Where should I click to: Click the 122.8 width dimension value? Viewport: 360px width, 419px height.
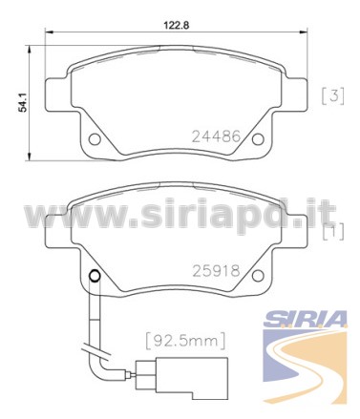[177, 25]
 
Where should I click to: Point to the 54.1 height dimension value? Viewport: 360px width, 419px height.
[22, 102]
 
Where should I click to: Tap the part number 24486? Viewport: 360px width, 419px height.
[216, 136]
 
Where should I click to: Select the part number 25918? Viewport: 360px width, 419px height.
[216, 271]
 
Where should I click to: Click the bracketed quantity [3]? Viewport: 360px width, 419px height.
[332, 95]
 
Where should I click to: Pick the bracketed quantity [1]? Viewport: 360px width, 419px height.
[333, 231]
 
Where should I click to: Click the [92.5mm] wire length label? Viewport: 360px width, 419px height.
[185, 341]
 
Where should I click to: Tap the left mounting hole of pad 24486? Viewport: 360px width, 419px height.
[95, 139]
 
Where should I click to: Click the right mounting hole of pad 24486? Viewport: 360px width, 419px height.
[258, 139]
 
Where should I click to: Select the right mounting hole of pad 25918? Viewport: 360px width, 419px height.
[258, 276]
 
